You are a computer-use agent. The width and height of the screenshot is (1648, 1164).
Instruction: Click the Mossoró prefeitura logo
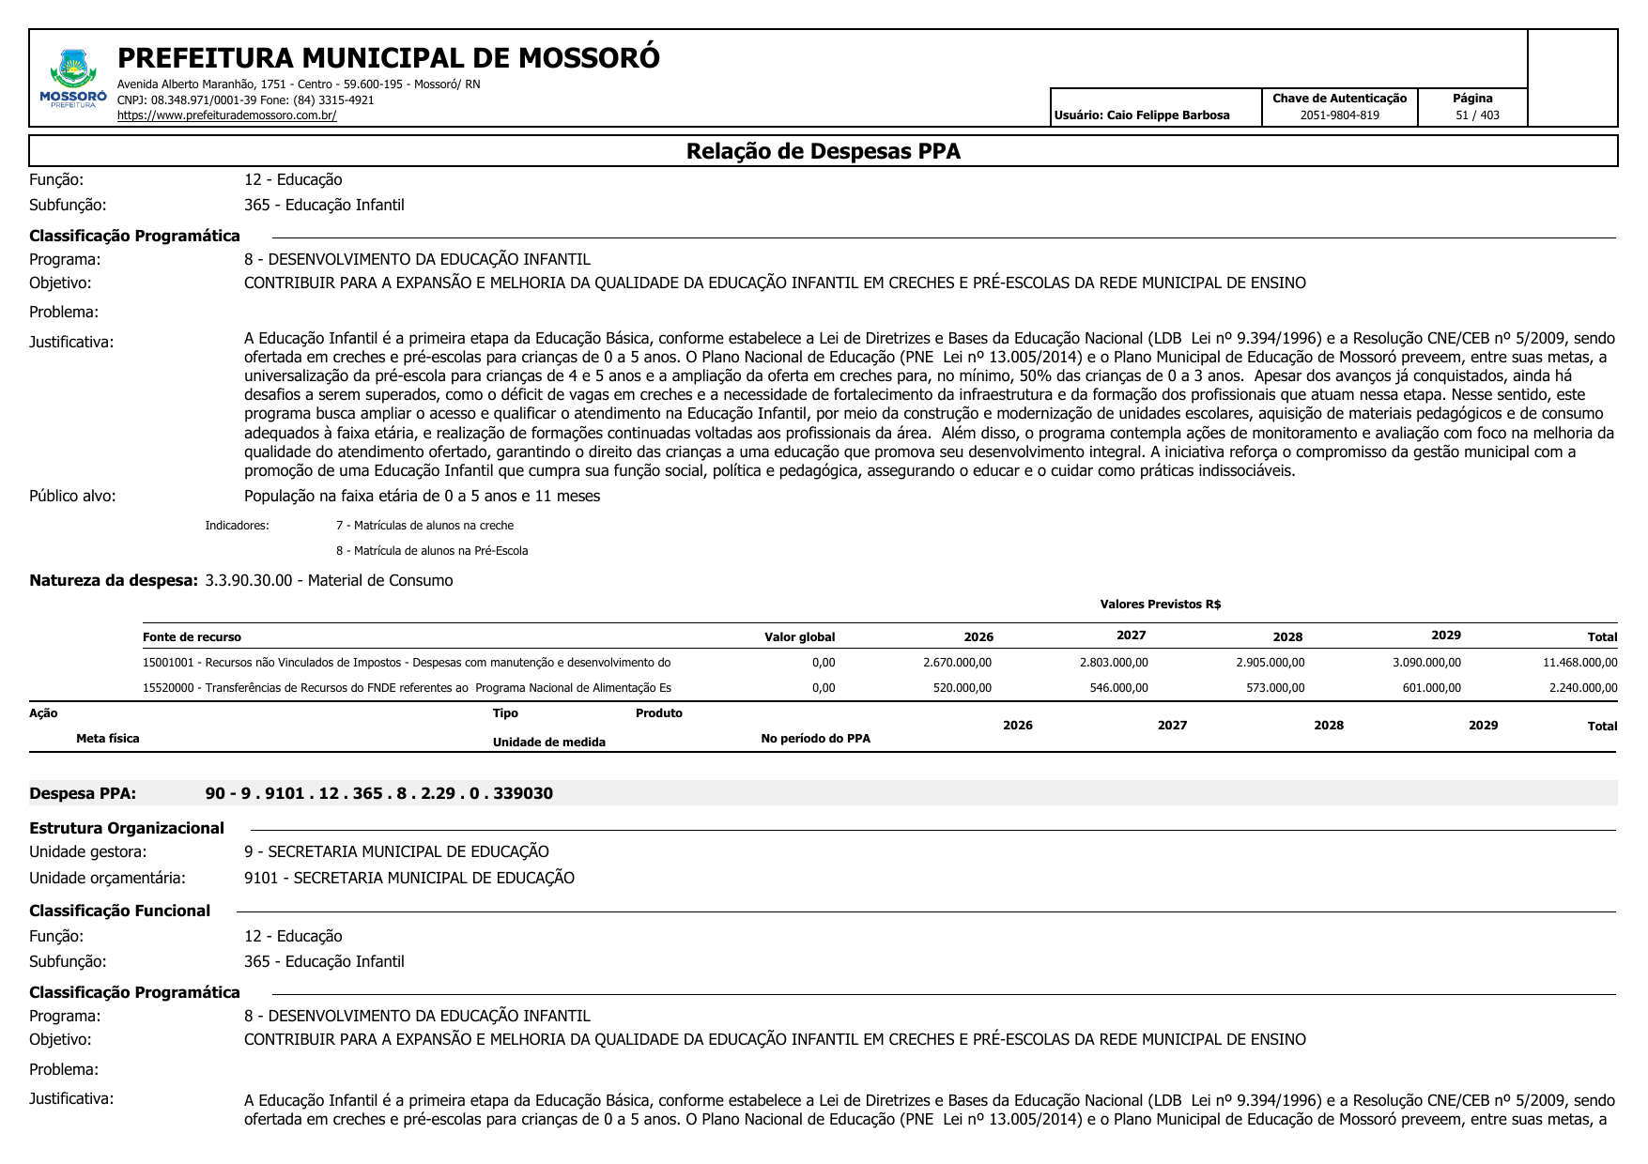click(x=73, y=79)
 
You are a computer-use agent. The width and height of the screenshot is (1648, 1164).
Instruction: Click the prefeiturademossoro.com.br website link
click(x=226, y=115)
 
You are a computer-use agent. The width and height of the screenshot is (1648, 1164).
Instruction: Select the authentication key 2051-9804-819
click(x=1339, y=115)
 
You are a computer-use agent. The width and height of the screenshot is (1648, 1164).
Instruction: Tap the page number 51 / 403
click(x=1477, y=115)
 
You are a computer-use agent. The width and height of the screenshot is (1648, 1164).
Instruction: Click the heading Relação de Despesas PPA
click(x=823, y=151)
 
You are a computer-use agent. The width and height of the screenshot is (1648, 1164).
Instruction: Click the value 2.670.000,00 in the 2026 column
click(x=957, y=663)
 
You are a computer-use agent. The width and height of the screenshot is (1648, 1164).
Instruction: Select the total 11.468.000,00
click(x=1579, y=663)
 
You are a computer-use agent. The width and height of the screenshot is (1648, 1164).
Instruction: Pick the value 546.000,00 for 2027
click(x=1118, y=688)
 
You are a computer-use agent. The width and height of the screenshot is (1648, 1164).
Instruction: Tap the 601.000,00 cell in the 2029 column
click(x=1431, y=688)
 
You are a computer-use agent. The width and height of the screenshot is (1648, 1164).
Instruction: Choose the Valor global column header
click(x=799, y=637)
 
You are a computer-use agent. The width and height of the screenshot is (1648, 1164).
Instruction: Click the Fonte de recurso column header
click(x=192, y=637)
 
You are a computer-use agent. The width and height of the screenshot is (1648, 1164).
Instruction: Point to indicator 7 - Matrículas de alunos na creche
click(x=424, y=526)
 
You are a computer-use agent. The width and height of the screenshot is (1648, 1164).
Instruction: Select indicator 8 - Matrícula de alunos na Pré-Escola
click(x=432, y=551)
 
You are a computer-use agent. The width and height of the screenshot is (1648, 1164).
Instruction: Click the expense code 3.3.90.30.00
click(x=249, y=581)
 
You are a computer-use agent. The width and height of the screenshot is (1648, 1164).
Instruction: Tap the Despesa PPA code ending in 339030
click(x=378, y=794)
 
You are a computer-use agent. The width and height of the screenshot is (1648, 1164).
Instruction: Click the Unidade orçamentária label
click(x=107, y=879)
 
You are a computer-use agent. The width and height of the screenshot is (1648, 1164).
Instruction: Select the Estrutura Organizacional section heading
click(x=127, y=829)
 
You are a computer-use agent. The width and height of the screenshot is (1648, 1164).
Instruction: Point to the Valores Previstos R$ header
click(x=1160, y=605)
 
